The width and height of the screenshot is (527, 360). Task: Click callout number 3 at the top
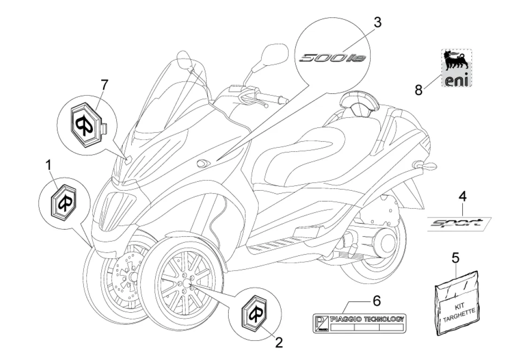point(377,22)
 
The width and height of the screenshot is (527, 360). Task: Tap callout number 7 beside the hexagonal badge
point(104,85)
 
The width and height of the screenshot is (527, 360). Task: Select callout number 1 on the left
point(48,165)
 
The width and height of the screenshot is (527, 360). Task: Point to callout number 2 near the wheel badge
point(279,343)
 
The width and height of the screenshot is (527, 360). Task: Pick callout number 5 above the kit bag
point(455,257)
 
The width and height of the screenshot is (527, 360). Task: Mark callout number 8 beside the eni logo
point(419,89)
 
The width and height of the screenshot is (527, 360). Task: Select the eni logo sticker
point(452,68)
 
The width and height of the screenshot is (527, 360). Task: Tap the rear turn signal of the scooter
point(425,165)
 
